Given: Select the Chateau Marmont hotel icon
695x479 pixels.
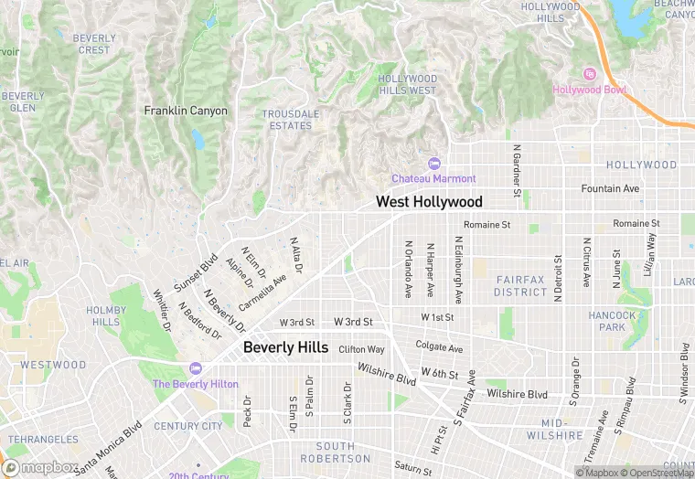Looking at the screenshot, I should [x=433, y=164].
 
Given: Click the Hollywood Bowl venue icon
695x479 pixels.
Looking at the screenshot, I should [x=590, y=74].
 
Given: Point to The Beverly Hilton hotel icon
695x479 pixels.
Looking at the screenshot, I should [x=194, y=368].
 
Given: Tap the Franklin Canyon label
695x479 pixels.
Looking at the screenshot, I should [x=186, y=111].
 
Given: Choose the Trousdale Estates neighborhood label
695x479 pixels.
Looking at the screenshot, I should [x=291, y=120].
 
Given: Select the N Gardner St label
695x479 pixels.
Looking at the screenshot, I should [x=517, y=170].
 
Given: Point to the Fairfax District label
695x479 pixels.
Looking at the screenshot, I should [x=521, y=285].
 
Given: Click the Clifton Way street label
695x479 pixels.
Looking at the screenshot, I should [x=361, y=349].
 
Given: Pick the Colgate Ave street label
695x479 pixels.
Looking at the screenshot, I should [x=439, y=347].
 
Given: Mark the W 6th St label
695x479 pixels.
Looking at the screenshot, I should [x=439, y=373].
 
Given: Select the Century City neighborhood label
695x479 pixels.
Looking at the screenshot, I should [x=187, y=426].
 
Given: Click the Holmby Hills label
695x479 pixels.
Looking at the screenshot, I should [x=106, y=316].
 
